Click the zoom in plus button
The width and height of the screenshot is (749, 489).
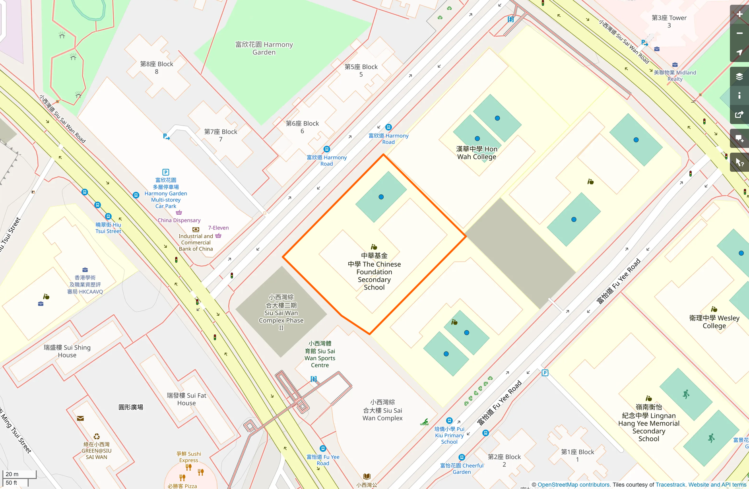[x=739, y=14]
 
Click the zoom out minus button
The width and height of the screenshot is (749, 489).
[x=739, y=33]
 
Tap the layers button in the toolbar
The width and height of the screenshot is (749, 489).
[x=739, y=77]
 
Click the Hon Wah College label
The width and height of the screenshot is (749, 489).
[x=476, y=153]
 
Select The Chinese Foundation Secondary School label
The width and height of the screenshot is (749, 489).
[x=374, y=272]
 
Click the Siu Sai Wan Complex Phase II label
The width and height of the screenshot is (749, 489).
[x=281, y=312]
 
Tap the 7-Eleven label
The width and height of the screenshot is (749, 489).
[x=218, y=228]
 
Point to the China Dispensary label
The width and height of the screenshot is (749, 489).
[x=179, y=220]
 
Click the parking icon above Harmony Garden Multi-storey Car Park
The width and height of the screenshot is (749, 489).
[x=166, y=172]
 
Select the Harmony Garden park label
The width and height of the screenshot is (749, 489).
[x=264, y=48]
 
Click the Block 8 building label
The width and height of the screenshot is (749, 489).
[x=157, y=68]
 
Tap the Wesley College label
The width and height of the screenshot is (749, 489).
[x=714, y=322]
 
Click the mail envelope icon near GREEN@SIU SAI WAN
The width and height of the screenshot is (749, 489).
[x=80, y=418]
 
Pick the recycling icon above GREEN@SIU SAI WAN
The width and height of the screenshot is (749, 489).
[x=97, y=437]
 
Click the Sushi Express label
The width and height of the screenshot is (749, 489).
[x=189, y=457]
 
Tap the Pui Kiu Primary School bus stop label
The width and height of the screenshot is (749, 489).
[x=449, y=435]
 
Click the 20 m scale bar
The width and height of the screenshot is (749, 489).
[x=19, y=474]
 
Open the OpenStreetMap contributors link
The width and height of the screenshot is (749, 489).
[x=573, y=485]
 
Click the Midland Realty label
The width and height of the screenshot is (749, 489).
[x=675, y=76]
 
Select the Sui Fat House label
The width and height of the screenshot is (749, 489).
[x=186, y=399]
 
